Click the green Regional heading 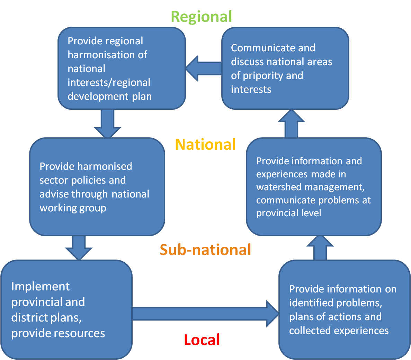[x=201, y=17]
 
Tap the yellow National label [x=205, y=144]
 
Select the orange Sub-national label [x=205, y=249]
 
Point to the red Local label [x=202, y=340]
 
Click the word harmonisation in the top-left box [x=107, y=55]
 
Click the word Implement [x=40, y=287]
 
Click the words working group [x=73, y=208]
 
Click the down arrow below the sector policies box [x=79, y=248]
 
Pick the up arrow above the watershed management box [x=291, y=124]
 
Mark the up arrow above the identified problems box [x=320, y=248]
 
